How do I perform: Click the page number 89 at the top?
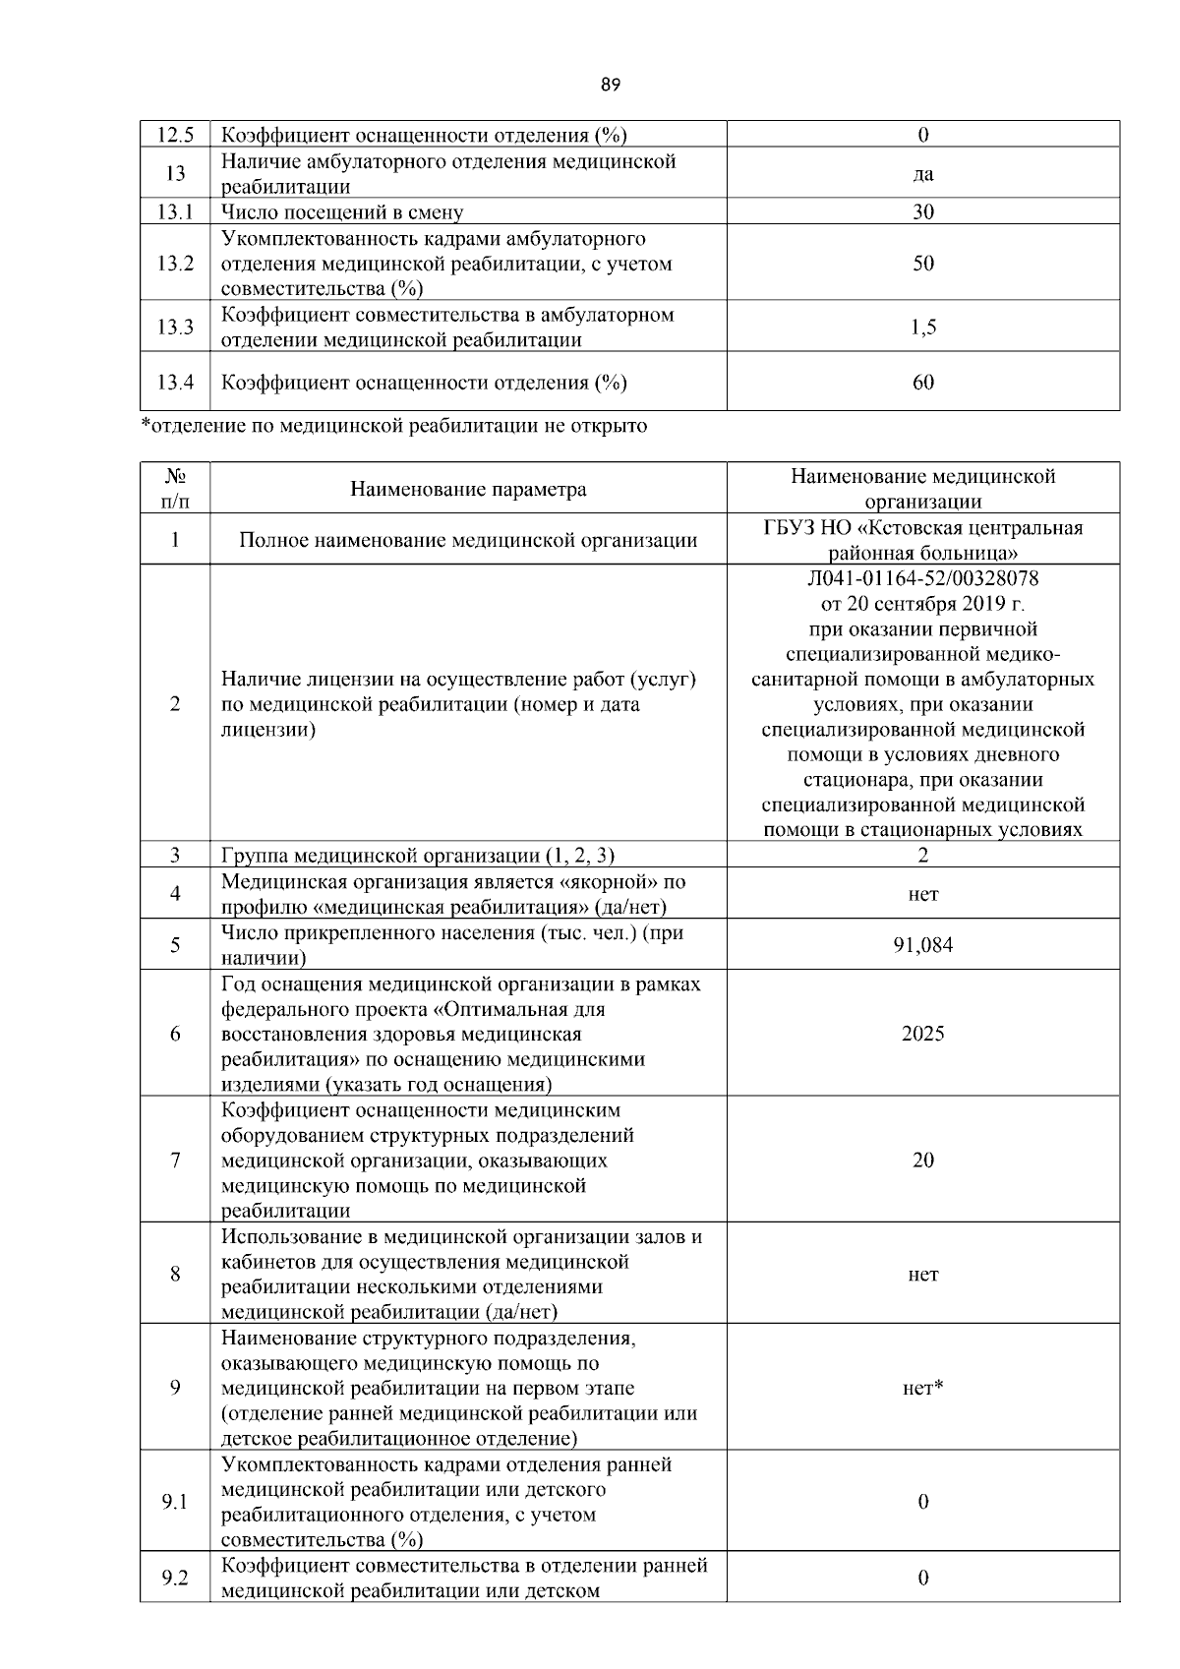[610, 85]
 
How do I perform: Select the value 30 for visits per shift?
[922, 211]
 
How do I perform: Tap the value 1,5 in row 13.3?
[922, 328]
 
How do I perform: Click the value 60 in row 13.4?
[922, 383]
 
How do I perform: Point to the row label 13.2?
[175, 264]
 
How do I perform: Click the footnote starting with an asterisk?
[393, 426]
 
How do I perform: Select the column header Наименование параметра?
[468, 489]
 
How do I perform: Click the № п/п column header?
[175, 489]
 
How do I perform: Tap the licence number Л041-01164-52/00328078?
[922, 577]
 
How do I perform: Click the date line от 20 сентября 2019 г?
[922, 603]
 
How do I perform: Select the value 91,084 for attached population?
[922, 945]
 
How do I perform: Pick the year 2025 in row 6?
[922, 1034]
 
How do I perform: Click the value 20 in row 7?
[922, 1161]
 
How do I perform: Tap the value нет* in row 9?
[922, 1389]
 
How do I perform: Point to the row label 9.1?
[175, 1503]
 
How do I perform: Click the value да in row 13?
[922, 174]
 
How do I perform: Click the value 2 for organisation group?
[922, 856]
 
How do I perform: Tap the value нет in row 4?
[922, 894]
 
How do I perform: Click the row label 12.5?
[175, 135]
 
